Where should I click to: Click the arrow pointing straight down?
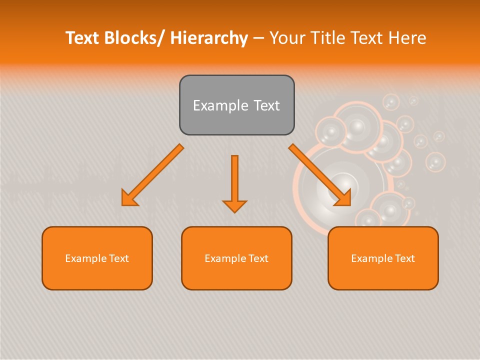(x=234, y=182)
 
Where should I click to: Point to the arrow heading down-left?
(x=153, y=175)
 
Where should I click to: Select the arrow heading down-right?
(x=320, y=175)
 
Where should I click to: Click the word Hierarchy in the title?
(x=209, y=38)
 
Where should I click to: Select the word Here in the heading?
(x=407, y=38)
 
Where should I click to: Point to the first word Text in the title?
(x=82, y=38)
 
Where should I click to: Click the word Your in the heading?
(x=287, y=38)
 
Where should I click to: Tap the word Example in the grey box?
(x=220, y=105)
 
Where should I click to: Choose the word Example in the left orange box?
(x=86, y=258)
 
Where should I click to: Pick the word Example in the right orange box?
(x=372, y=258)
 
